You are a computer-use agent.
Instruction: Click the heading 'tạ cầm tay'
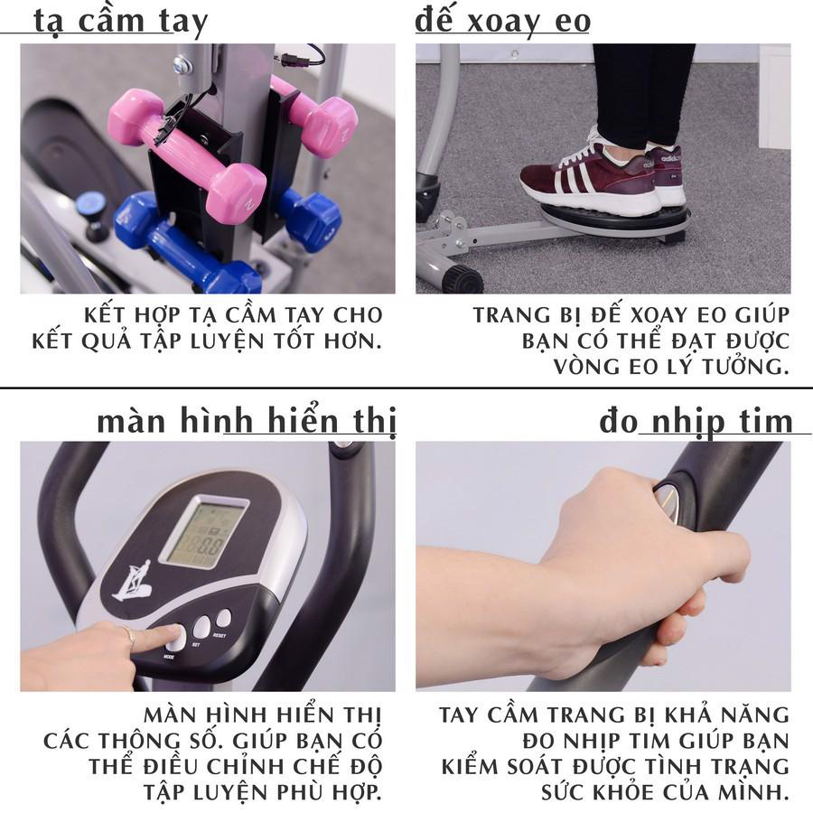point(120,22)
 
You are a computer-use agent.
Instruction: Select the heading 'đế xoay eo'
point(502,21)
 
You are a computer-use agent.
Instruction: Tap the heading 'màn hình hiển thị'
point(247,420)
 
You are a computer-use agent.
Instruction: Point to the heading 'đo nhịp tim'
point(696,422)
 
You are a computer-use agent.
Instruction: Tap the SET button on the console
point(201,627)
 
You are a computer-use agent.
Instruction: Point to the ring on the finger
point(128,637)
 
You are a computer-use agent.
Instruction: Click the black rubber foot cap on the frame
point(465,279)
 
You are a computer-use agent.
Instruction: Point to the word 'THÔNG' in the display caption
point(140,741)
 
